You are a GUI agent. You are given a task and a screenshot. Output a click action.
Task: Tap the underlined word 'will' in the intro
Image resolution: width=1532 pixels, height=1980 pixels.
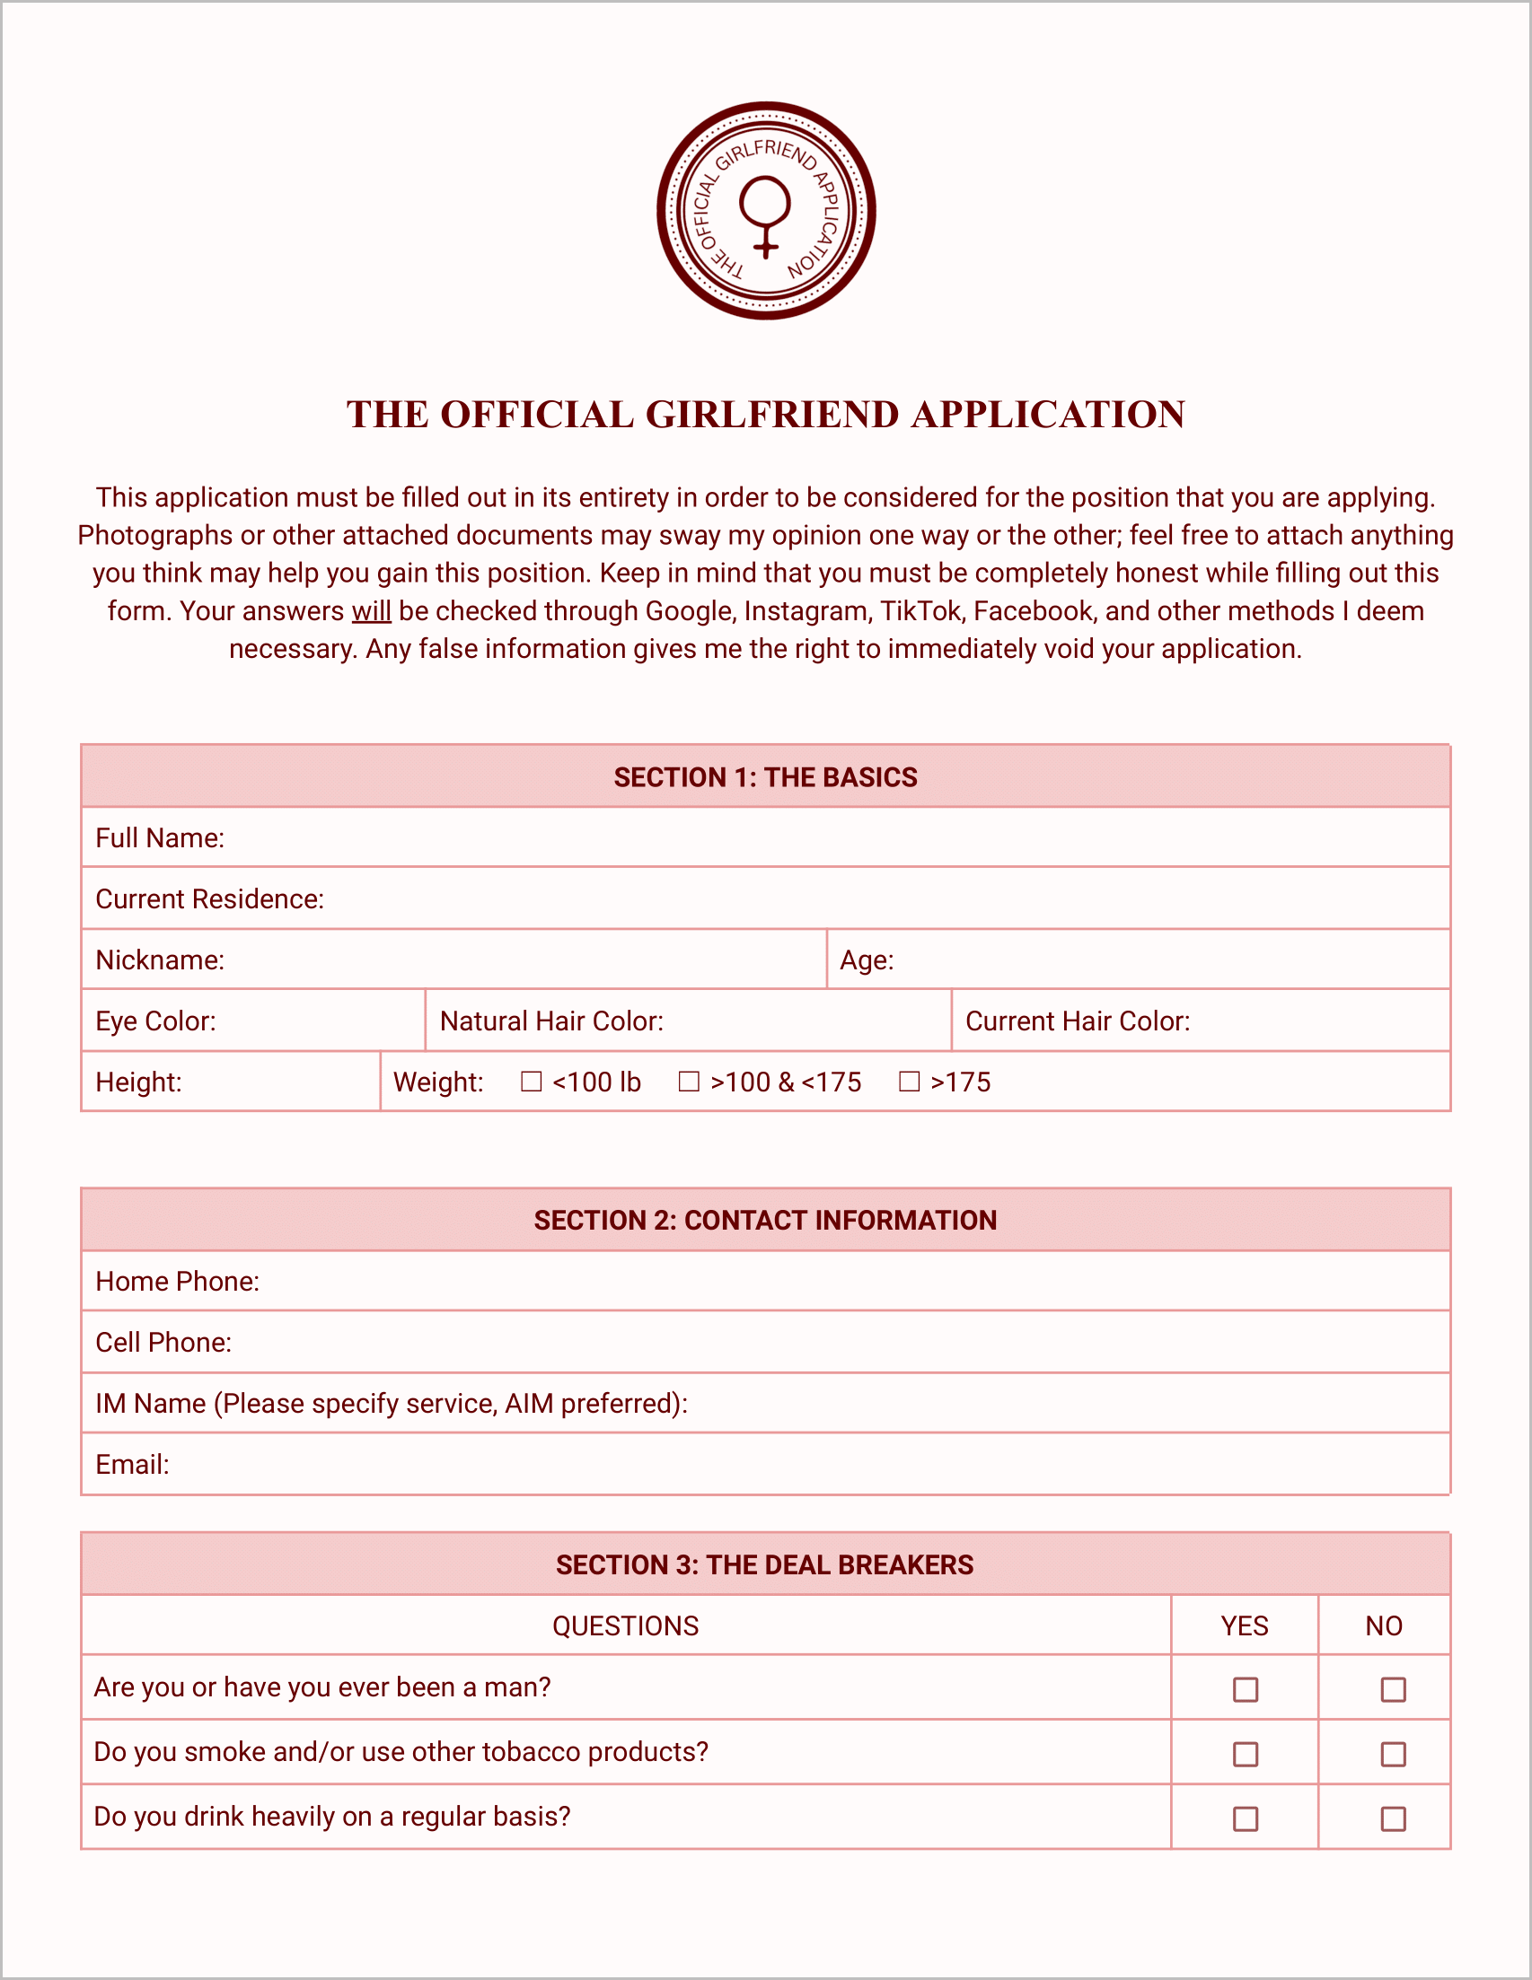pyautogui.click(x=371, y=611)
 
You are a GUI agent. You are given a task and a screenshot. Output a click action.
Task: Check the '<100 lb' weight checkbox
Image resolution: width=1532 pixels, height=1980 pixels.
pyautogui.click(x=532, y=1082)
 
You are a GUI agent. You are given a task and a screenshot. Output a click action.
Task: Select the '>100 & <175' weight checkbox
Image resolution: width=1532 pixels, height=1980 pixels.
pyautogui.click(x=690, y=1082)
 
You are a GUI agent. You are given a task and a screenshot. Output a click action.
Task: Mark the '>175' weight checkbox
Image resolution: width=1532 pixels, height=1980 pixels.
pyautogui.click(x=909, y=1082)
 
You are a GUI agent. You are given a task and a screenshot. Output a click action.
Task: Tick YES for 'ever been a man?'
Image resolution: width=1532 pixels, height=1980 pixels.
pyautogui.click(x=1246, y=1689)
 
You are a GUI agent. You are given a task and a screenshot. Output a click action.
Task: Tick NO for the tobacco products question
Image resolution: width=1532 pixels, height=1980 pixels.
pyautogui.click(x=1393, y=1754)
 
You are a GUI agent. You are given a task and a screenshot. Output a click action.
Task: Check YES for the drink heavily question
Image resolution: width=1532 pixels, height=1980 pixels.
pyautogui.click(x=1246, y=1818)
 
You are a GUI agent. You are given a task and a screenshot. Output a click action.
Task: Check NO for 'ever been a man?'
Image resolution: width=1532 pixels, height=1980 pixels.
pyautogui.click(x=1393, y=1689)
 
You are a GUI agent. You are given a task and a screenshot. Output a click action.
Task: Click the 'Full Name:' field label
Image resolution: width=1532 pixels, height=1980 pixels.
pyautogui.click(x=160, y=837)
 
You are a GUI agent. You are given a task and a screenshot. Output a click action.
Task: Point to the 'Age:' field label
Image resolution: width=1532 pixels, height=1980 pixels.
pyautogui.click(x=867, y=960)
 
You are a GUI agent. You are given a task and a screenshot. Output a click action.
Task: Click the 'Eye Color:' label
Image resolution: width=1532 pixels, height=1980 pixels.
pyautogui.click(x=156, y=1021)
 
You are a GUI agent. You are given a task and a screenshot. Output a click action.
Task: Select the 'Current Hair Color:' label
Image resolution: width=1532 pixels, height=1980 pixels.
pyautogui.click(x=1078, y=1021)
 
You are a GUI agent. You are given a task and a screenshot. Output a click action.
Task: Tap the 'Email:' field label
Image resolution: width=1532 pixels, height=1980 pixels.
pyautogui.click(x=132, y=1464)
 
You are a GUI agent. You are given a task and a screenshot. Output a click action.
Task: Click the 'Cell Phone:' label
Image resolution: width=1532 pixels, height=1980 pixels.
pyautogui.click(x=163, y=1342)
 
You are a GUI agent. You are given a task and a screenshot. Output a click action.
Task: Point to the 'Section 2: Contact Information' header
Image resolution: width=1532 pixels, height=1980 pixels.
pyautogui.click(x=765, y=1221)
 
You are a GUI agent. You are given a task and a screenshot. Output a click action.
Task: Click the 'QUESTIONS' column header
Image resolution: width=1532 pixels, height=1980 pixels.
pyautogui.click(x=626, y=1625)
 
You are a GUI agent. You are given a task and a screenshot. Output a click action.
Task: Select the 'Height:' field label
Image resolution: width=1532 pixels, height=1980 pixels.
pyautogui.click(x=139, y=1082)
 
